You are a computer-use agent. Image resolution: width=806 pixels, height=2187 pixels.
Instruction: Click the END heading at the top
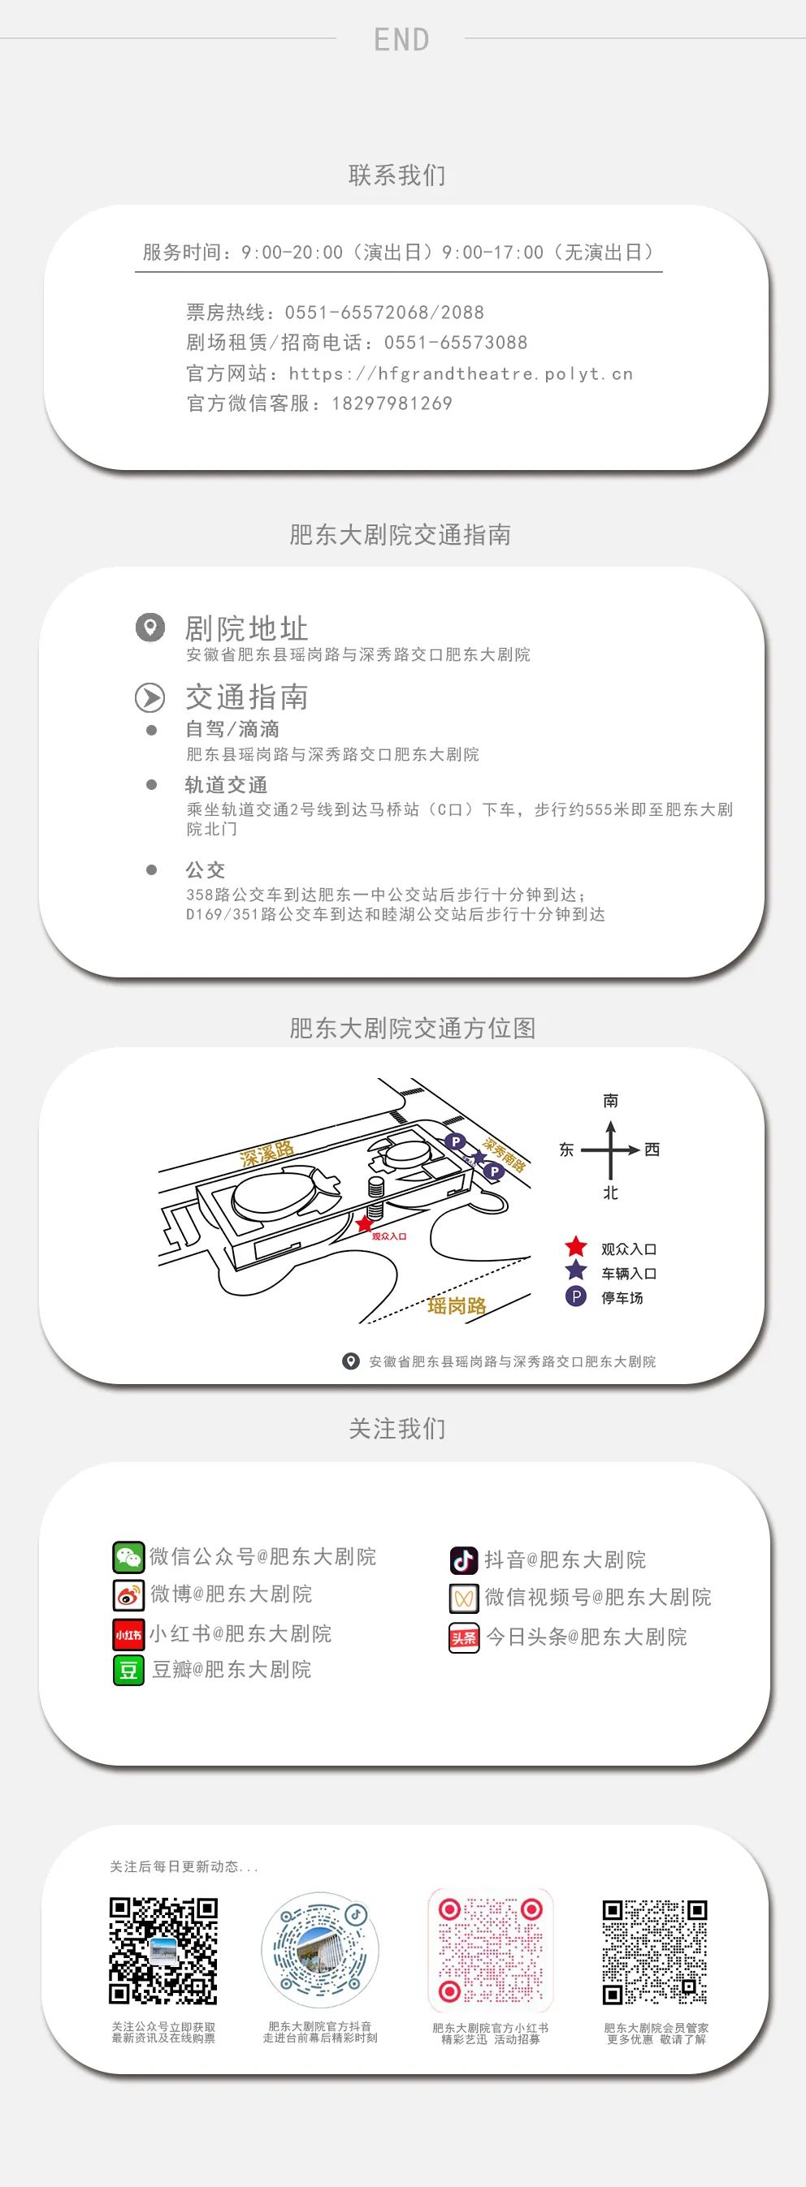pos(401,39)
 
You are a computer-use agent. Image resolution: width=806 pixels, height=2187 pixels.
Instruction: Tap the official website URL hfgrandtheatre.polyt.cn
pos(461,373)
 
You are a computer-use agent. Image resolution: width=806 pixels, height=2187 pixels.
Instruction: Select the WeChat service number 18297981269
pos(392,403)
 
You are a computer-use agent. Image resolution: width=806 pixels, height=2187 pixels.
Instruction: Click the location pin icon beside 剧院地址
pos(150,628)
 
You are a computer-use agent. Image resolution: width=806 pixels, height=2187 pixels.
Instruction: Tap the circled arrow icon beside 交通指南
pos(150,698)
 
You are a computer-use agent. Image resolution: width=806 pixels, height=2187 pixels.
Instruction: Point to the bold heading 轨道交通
pos(226,784)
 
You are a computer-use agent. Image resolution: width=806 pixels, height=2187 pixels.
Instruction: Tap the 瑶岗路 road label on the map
pos(457,1305)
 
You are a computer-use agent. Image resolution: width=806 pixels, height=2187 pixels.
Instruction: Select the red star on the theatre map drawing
pos(364,1223)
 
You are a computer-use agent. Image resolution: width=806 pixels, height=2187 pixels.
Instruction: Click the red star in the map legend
pos(576,1246)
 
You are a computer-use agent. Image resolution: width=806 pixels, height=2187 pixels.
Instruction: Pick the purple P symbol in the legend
pos(576,1296)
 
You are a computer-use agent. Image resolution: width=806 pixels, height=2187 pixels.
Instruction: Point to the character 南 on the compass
pos(611,1101)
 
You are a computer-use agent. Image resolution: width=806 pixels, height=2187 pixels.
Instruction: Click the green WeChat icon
pos(128,1557)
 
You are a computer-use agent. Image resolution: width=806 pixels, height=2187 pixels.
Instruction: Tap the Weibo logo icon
pos(128,1595)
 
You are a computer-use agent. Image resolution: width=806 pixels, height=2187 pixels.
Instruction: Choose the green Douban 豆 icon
pos(128,1670)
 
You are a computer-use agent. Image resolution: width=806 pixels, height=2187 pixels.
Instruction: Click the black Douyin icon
pos(464,1560)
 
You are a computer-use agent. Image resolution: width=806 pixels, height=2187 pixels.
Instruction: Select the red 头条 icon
pos(464,1637)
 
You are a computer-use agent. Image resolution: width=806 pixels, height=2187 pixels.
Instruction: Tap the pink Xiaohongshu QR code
pos(490,1951)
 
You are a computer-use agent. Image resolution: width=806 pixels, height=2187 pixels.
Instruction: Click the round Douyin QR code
pos(319,1950)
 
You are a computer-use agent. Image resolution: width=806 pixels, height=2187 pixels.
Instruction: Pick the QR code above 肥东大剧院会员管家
pos(655,1952)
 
